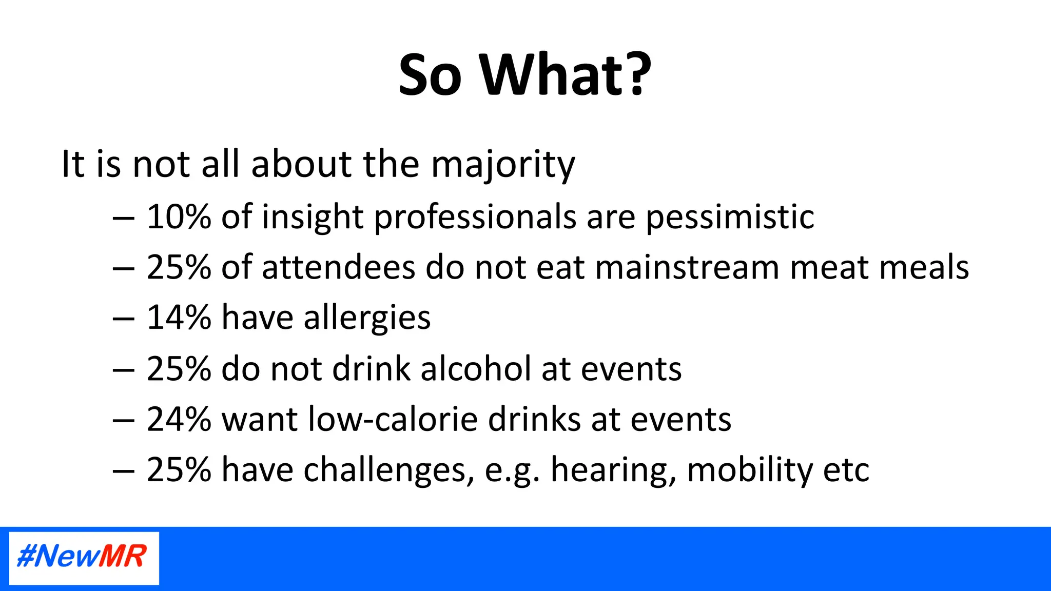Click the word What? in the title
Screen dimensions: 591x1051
coord(566,75)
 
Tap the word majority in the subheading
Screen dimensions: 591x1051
coord(502,165)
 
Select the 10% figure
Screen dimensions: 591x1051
coord(179,216)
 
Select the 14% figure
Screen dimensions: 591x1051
coord(179,318)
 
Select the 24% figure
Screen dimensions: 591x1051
coord(179,419)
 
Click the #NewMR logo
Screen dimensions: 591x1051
coord(84,558)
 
